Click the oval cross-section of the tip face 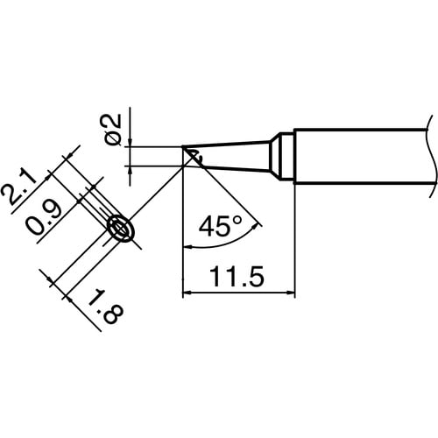(121, 230)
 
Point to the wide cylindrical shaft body (359, 157)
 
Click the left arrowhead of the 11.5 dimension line (187, 291)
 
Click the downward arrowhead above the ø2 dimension (129, 141)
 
